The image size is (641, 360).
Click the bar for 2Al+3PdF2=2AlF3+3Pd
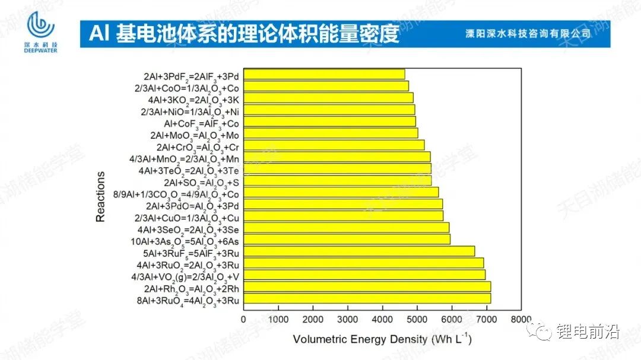pyautogui.click(x=324, y=74)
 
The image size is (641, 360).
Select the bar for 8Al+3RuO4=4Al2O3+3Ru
pyautogui.click(x=367, y=298)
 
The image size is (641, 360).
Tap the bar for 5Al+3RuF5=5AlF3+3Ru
pyautogui.click(x=359, y=251)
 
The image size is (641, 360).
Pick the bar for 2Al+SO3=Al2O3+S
pyautogui.click(x=337, y=180)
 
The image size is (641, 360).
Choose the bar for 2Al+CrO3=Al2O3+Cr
pyautogui.click(x=334, y=145)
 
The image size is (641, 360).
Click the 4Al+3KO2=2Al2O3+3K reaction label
pyautogui.click(x=187, y=98)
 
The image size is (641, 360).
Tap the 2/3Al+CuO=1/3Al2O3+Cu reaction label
pyautogui.click(x=187, y=218)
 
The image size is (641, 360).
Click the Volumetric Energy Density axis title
pyautogui.click(x=382, y=340)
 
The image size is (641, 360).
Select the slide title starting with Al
pyautogui.click(x=243, y=34)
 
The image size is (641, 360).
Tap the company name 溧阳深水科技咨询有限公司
pyautogui.click(x=528, y=34)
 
